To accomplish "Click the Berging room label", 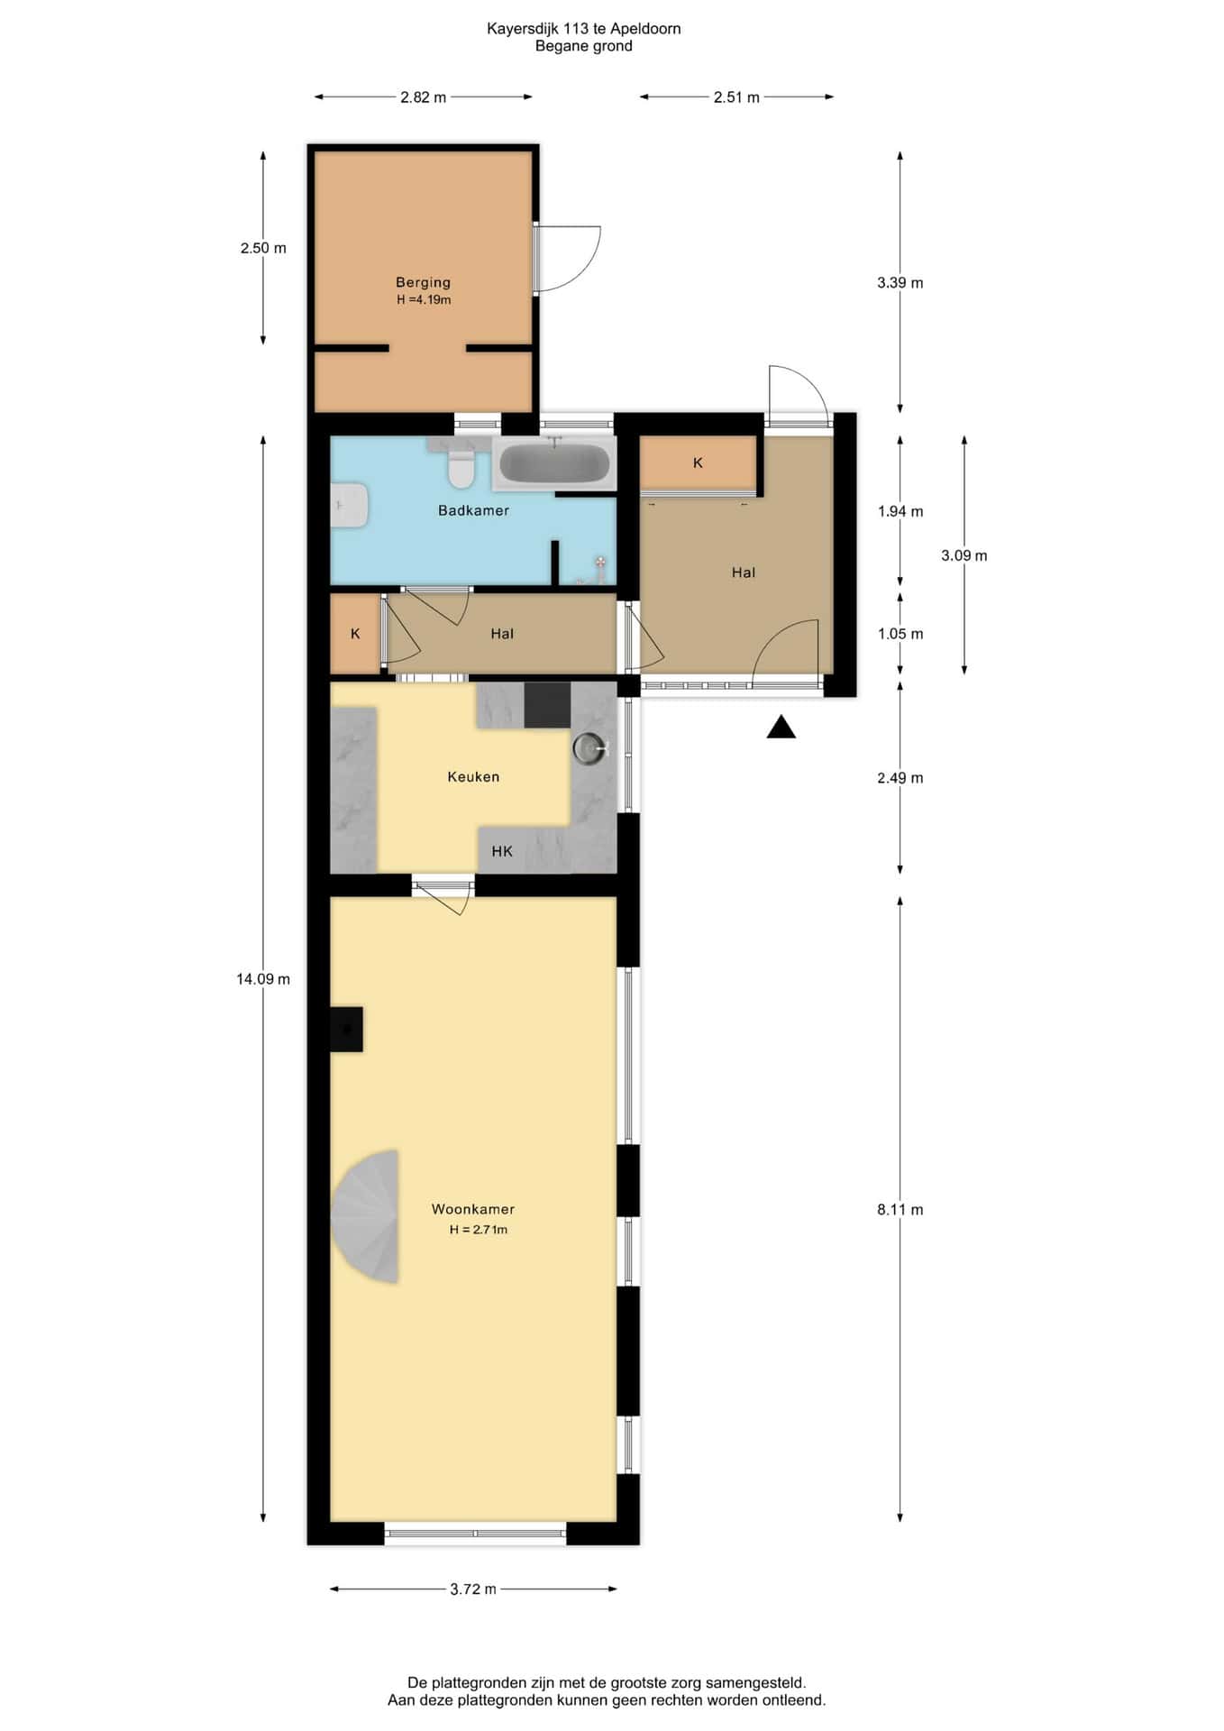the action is pos(423,282).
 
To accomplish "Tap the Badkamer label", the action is pos(473,510).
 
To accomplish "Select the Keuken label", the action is pos(473,776).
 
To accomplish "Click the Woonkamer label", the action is pos(473,1209).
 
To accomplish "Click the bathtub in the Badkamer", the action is pos(553,463).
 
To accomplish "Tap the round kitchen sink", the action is pos(589,748).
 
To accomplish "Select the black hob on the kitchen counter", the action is pos(547,705).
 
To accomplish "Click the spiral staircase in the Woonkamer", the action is pos(365,1216).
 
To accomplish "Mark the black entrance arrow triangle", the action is pos(781,727).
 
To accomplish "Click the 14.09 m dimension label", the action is pos(263,979).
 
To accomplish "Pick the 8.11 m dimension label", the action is pos(900,1210).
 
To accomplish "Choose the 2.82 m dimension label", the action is pos(424,97).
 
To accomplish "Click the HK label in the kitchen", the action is pos(502,851).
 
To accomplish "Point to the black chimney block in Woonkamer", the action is pos(346,1029).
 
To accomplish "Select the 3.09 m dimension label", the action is pos(964,555).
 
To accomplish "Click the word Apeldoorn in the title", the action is pos(645,29).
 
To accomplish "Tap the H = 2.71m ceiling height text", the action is pos(479,1230).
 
